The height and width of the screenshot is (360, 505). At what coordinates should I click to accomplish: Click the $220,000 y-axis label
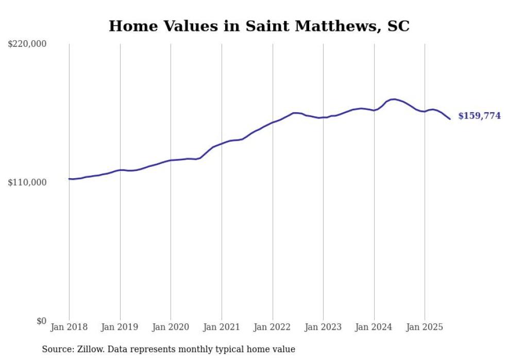coord(27,44)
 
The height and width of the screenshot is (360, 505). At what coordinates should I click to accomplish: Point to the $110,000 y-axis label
coord(27,182)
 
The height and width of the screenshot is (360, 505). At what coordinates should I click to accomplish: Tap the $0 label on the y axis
coord(41,321)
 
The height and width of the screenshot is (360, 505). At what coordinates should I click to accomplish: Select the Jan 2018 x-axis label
coord(69,327)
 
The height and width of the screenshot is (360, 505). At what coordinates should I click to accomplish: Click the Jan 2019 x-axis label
coord(120,327)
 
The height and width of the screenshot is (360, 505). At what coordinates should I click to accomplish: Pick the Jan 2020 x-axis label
coord(171,327)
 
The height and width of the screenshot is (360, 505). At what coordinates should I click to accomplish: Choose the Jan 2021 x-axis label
coord(222,327)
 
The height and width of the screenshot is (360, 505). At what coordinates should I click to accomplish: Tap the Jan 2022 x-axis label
coord(272,327)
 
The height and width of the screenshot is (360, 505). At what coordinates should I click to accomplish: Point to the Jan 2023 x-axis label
coord(323,327)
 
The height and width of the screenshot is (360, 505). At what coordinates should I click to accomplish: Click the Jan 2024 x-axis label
coord(374,327)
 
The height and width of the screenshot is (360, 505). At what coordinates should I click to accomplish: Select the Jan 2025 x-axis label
coord(425,327)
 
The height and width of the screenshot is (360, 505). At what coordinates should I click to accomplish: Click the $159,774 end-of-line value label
coord(479,116)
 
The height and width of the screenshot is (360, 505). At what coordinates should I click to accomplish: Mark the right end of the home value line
coord(450,119)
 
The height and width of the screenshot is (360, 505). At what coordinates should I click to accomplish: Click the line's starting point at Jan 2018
coord(69,179)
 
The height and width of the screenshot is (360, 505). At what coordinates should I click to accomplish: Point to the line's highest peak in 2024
coord(393,99)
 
